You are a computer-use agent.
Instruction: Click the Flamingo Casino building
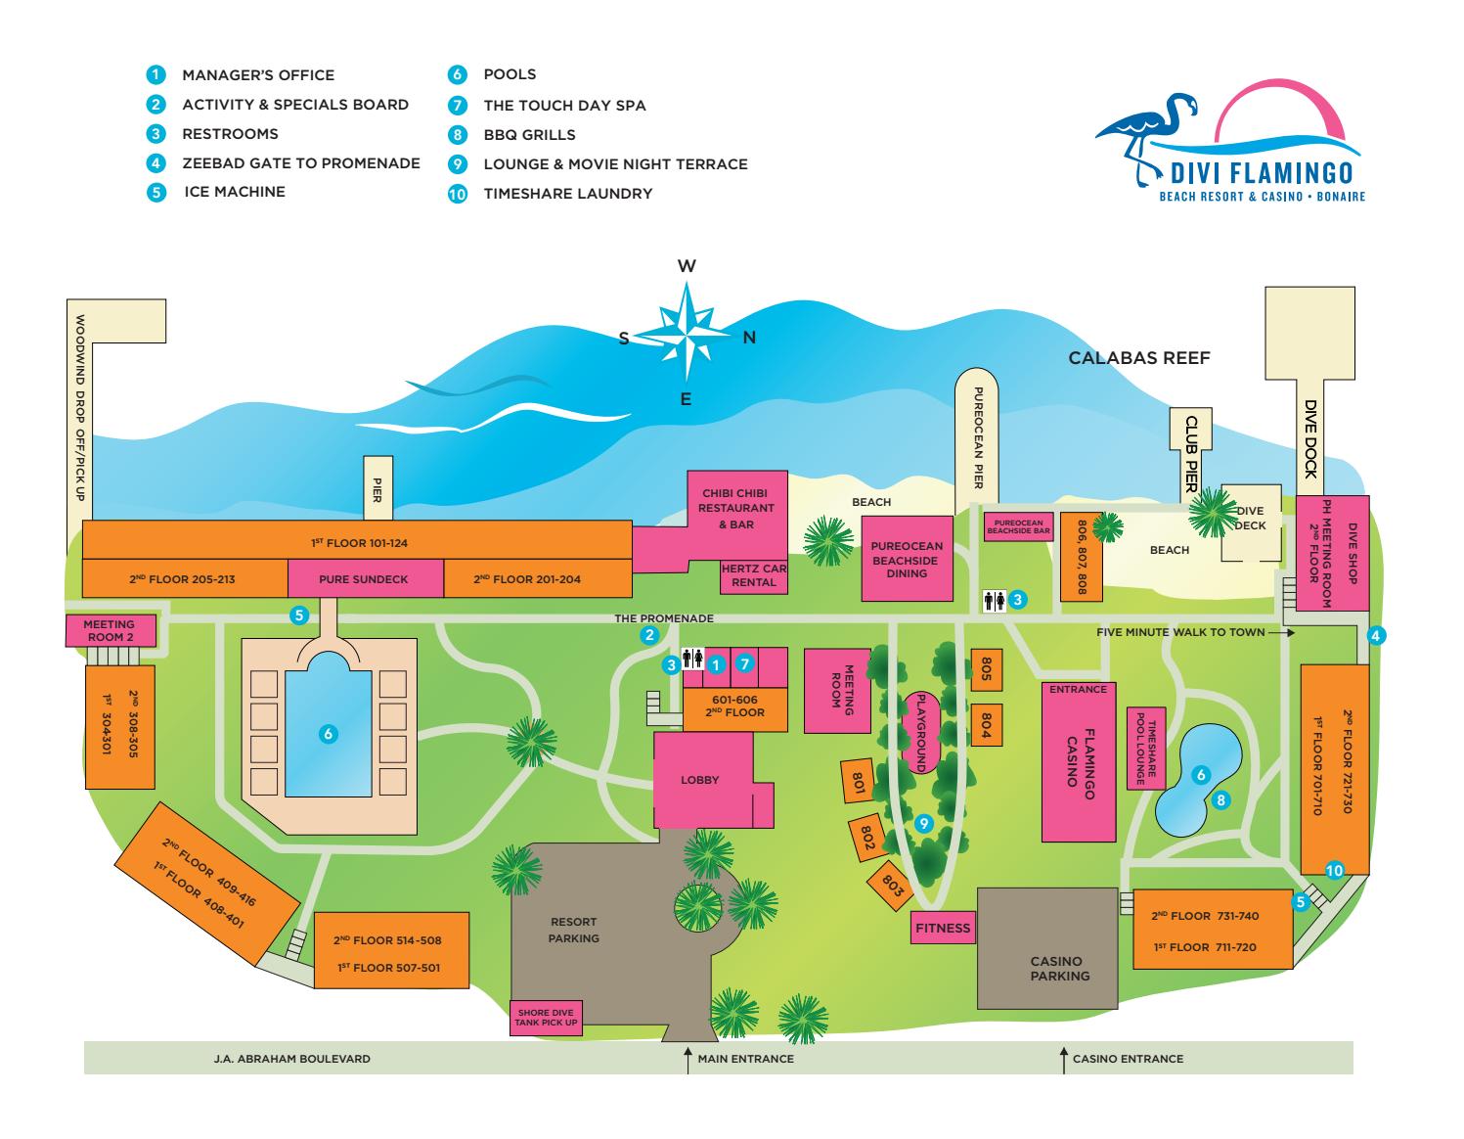click(x=1078, y=762)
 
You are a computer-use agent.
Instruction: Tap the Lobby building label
click(x=699, y=780)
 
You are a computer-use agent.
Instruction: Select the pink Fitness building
click(x=943, y=928)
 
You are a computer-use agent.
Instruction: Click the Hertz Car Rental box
click(x=754, y=576)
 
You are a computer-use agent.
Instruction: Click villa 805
click(x=986, y=669)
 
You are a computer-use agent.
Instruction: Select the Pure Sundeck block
click(x=365, y=578)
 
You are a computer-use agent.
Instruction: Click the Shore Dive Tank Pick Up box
click(x=546, y=1018)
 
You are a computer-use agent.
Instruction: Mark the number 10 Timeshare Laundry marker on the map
click(x=1335, y=870)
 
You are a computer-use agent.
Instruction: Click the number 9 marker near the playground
click(x=923, y=823)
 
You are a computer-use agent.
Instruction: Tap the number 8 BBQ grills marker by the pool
click(x=1220, y=800)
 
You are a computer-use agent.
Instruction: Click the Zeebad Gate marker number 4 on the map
click(x=1376, y=635)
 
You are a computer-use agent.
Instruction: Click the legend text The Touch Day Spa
click(x=564, y=105)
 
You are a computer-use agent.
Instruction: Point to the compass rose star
click(x=686, y=333)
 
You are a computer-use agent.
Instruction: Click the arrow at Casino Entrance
click(x=1064, y=1061)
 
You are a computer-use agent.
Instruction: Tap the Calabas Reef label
click(x=1139, y=358)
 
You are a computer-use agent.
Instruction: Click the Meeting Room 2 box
click(x=111, y=630)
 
